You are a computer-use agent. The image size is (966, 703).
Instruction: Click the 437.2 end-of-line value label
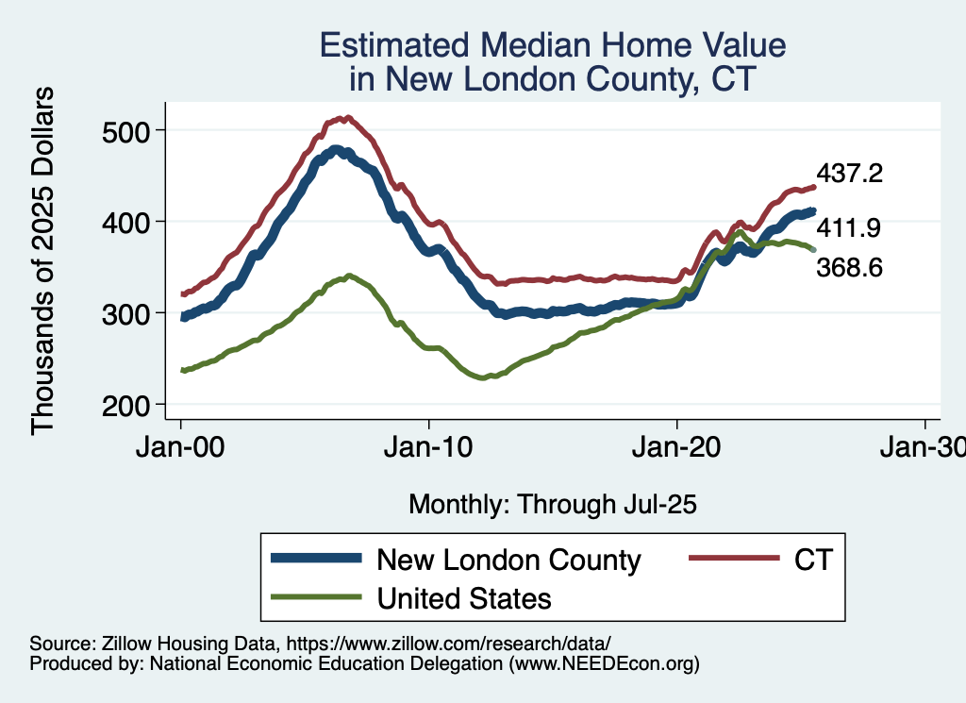(x=849, y=173)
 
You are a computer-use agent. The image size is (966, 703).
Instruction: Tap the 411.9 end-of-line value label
(x=849, y=229)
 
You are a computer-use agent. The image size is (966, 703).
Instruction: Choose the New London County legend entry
(x=508, y=560)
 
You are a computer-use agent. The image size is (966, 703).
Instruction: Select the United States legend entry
(x=463, y=597)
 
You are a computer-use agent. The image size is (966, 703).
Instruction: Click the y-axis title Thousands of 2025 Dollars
(x=43, y=261)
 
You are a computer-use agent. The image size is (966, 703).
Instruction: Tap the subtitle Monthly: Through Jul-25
(x=552, y=504)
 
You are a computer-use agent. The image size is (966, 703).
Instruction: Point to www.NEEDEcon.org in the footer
(x=603, y=663)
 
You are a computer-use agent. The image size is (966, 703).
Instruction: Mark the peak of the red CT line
(x=347, y=118)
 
